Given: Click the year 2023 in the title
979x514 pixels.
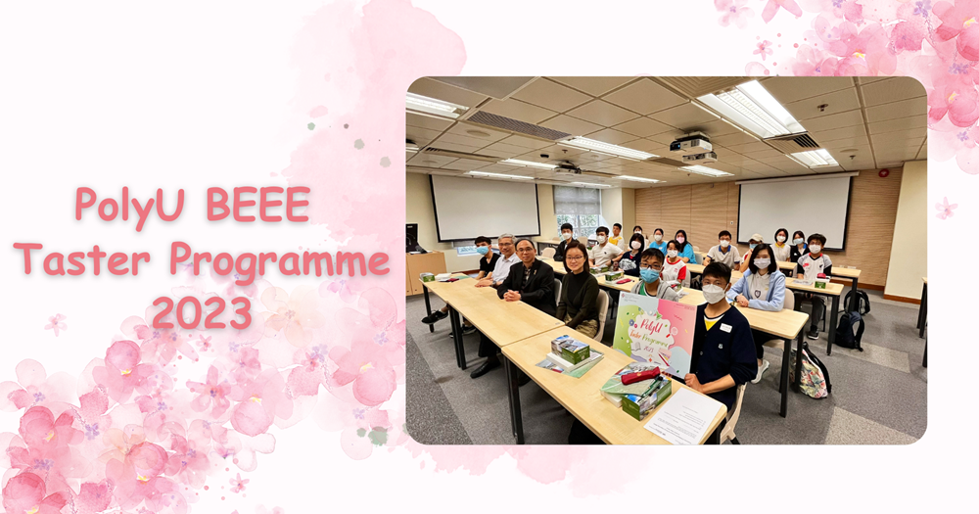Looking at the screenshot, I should point(202,312).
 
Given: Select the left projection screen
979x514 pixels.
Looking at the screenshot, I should point(485,208).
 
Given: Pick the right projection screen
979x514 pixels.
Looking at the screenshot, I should point(794,211).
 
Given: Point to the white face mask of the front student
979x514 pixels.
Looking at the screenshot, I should point(714,294).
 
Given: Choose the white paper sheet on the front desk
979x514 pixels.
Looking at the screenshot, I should point(683,416).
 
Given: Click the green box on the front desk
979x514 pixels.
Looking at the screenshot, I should point(647,397).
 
